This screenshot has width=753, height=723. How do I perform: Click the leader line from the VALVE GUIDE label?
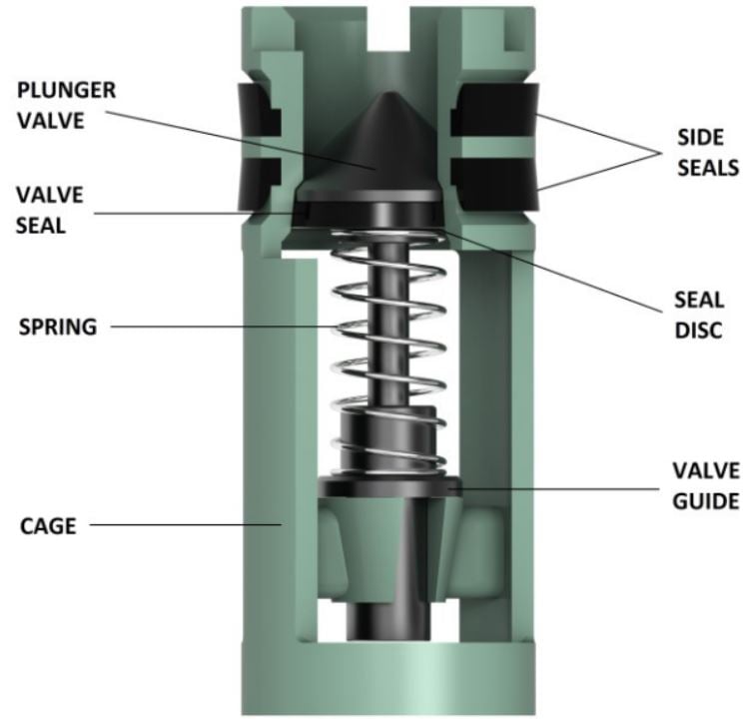pyautogui.click(x=559, y=489)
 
